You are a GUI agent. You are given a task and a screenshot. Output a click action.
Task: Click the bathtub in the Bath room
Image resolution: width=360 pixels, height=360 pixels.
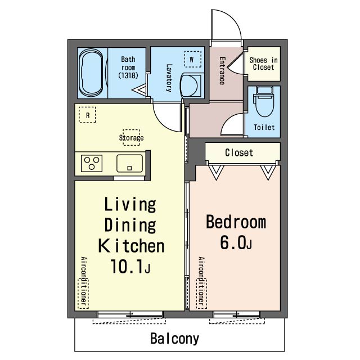91,73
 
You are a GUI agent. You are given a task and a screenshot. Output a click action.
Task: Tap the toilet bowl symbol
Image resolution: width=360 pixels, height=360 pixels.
264,101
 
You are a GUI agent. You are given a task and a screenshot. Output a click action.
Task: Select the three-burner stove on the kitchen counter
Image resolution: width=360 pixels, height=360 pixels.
92,163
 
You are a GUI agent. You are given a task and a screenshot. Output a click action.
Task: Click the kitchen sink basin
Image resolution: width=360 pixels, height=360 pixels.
130,163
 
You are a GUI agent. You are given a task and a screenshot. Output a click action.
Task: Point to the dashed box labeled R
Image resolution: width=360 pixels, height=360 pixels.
87,115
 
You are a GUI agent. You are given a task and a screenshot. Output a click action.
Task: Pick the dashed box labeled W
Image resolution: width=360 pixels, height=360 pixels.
192,59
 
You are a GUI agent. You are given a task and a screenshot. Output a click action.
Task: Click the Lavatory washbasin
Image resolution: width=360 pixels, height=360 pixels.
191,85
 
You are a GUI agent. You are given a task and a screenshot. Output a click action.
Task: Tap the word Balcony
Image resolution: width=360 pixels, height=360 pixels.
175,339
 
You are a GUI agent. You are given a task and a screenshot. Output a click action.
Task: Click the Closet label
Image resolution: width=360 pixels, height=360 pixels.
239,152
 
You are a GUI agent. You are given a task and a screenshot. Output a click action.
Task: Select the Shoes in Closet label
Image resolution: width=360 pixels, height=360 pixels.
264,64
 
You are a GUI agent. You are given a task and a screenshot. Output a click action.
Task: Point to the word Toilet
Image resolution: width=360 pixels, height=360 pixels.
264,127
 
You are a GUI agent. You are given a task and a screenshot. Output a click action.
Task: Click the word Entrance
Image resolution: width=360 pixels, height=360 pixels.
222,71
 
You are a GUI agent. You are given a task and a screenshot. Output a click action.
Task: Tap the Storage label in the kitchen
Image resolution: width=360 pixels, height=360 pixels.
131,138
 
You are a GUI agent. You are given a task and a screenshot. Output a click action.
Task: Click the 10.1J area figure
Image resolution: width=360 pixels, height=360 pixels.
130,266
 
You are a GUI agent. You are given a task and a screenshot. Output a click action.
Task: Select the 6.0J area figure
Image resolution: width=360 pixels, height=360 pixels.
236,242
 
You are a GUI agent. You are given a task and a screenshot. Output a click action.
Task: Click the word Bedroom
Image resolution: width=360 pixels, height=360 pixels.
236,222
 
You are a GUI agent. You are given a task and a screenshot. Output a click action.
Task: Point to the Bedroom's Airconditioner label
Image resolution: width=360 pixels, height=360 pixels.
201,283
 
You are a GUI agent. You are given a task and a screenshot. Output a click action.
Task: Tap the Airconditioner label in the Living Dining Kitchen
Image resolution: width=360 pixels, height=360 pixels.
84,283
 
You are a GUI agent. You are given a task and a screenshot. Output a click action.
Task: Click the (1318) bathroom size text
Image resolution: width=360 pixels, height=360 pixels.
128,75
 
